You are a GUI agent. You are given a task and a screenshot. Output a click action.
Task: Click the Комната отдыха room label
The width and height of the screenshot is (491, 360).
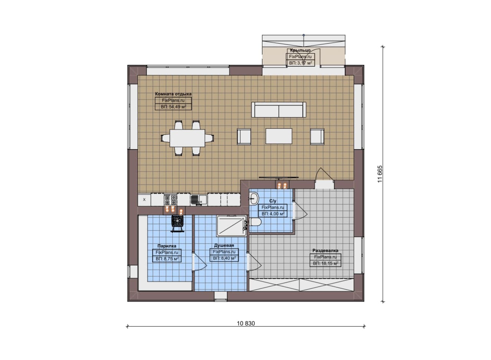coord(173,94)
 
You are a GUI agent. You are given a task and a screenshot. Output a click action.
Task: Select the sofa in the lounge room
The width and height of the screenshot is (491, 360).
coord(278,110)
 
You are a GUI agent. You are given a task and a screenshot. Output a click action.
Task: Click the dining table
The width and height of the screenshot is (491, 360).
coord(187,138)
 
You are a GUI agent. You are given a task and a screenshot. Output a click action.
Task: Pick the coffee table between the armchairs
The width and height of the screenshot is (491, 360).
coord(279,136)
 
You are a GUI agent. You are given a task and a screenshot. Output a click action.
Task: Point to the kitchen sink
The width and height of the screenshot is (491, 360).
coord(199,200)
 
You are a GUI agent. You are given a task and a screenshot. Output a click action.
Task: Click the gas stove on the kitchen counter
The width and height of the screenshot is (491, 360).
coord(170,199)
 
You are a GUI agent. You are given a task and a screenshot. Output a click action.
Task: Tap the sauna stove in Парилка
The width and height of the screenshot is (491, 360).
coord(177,223)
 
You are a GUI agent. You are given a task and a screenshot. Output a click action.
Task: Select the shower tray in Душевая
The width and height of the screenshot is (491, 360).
coord(232,226)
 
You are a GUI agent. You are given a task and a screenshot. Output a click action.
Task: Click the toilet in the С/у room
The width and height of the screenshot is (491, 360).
coord(255,222)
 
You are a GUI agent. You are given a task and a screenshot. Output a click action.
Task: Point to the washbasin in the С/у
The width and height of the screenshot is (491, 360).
coord(254,199)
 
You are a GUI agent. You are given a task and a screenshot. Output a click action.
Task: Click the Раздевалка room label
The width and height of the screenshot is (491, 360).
coord(325,250)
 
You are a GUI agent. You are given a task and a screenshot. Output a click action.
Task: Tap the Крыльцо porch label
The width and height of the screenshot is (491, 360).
coord(300,50)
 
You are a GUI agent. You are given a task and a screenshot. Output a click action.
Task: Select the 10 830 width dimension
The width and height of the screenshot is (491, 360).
coord(246,324)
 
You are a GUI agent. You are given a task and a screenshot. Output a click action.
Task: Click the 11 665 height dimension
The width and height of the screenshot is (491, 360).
coord(380,174)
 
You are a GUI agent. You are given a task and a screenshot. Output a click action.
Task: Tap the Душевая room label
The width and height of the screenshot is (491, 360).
coord(224,245)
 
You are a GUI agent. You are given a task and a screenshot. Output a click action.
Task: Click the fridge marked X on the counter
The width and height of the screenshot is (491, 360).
coord(144,200)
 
